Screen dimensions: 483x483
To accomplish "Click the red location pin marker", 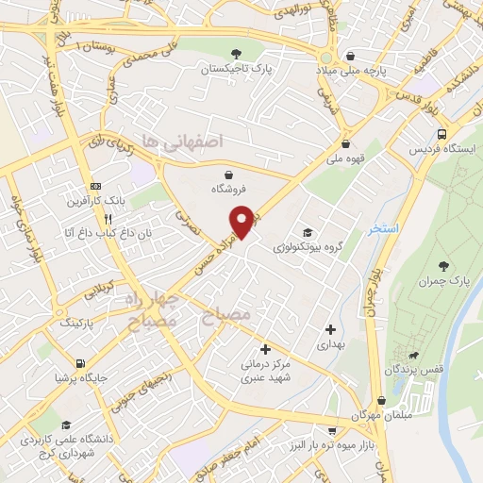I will click(x=243, y=221).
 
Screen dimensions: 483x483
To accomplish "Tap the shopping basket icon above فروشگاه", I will click(x=230, y=173).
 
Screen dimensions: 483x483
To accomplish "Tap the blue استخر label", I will click(x=385, y=228).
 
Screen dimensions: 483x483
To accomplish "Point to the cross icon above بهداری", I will click(x=330, y=329).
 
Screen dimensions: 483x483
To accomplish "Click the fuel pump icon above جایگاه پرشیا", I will click(x=83, y=362).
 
